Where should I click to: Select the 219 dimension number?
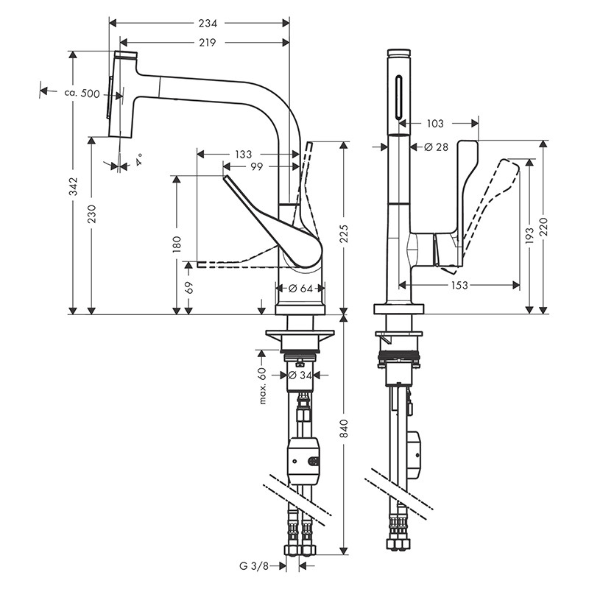click(x=206, y=43)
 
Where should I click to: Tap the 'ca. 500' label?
click(x=81, y=93)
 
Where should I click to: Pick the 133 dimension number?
click(x=242, y=155)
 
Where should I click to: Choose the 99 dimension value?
click(x=257, y=167)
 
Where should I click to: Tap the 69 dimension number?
click(x=189, y=288)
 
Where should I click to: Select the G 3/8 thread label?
click(x=253, y=566)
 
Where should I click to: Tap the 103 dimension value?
click(x=437, y=124)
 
